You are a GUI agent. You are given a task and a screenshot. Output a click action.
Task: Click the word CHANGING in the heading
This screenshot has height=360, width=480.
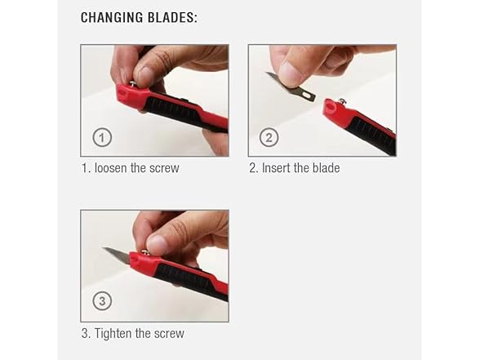pyautogui.click(x=112, y=17)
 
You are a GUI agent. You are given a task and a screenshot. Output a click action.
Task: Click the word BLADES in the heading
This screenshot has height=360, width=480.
pyautogui.click(x=171, y=17)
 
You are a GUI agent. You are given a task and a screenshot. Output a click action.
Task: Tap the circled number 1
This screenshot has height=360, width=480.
pyautogui.click(x=102, y=137)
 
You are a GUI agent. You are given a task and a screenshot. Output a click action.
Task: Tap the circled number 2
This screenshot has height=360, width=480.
pyautogui.click(x=269, y=137)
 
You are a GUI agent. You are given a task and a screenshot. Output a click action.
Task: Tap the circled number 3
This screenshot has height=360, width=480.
pyautogui.click(x=102, y=301)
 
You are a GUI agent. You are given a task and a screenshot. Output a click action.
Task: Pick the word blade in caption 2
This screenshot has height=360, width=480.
pyautogui.click(x=326, y=168)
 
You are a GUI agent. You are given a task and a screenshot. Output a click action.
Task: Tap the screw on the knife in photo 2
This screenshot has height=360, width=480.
pyautogui.click(x=342, y=100)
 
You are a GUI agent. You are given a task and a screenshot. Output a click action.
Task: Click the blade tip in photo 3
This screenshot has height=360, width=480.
pyautogui.click(x=104, y=248)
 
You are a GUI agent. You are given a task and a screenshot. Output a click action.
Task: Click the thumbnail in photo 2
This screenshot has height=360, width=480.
pyautogui.click(x=288, y=72)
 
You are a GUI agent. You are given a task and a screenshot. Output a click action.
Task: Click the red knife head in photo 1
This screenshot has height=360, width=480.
pyautogui.click(x=131, y=96)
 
